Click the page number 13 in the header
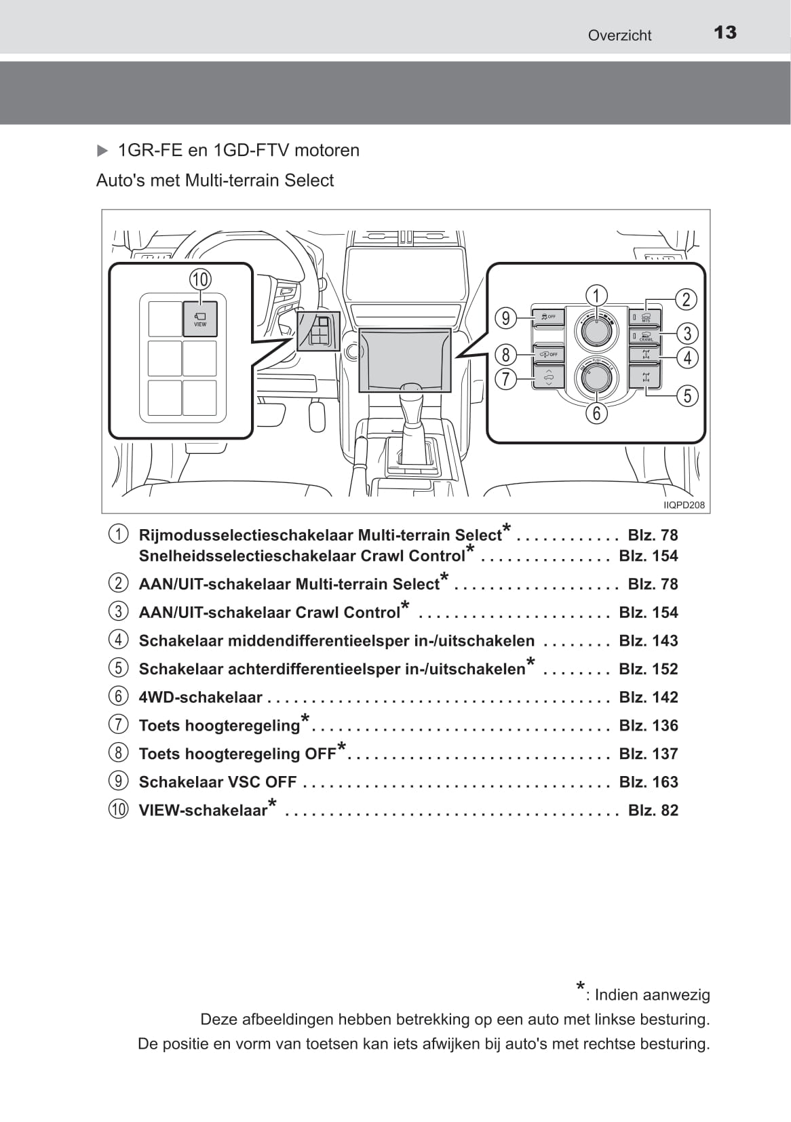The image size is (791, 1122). point(725,33)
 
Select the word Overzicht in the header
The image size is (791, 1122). point(619,35)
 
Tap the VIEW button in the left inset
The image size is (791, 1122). point(200,319)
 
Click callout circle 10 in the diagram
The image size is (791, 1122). point(200,279)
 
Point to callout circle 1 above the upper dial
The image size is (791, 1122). point(596,296)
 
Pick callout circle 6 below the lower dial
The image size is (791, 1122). point(596,412)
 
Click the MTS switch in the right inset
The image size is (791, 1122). point(645,317)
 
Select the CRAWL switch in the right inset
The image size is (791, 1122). point(645,336)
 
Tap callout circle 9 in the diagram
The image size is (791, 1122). point(505,318)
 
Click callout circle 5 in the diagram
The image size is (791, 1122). point(687,395)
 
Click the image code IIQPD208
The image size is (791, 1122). point(684,505)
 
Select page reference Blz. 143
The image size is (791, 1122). point(649,640)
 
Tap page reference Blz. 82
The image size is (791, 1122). point(653,810)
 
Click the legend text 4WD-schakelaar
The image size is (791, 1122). point(200,697)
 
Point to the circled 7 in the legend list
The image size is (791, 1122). point(118,724)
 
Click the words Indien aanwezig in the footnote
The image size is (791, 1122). point(652,995)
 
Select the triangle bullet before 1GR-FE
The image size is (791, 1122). point(102,151)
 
